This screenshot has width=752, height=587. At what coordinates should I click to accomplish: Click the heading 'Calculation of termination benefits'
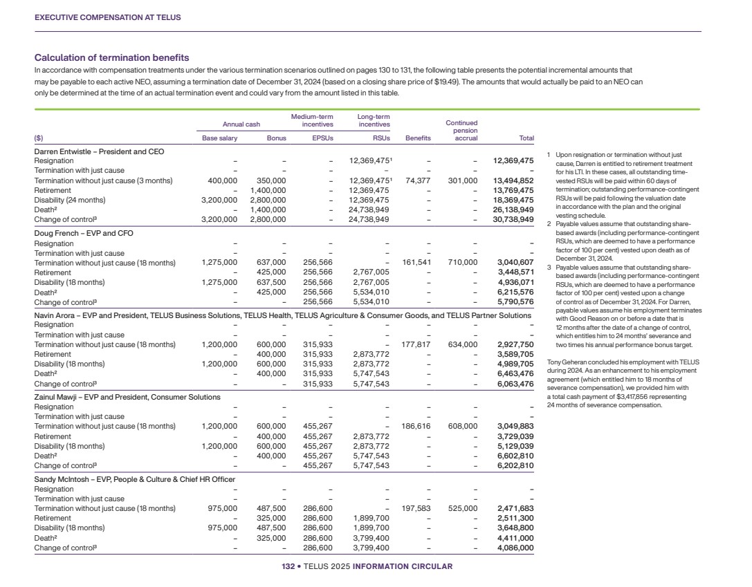click(x=111, y=58)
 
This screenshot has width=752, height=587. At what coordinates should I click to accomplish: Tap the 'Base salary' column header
click(x=219, y=138)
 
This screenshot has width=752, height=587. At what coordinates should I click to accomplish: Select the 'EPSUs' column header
click(x=323, y=138)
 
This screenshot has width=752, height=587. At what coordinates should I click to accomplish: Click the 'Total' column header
click(x=526, y=138)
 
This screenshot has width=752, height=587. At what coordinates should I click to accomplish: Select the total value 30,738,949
click(x=513, y=219)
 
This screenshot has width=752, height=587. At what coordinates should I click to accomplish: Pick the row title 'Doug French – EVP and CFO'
click(x=84, y=234)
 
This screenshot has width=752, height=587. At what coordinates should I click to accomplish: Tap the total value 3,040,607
click(x=515, y=263)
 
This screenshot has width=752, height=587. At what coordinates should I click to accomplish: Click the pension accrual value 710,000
click(x=463, y=263)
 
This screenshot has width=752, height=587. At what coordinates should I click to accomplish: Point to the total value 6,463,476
click(x=515, y=374)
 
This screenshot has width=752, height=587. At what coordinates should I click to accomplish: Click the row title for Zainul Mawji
click(x=127, y=398)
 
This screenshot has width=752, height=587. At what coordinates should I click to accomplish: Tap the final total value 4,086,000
click(x=515, y=548)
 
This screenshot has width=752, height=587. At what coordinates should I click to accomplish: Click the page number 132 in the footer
click(x=288, y=567)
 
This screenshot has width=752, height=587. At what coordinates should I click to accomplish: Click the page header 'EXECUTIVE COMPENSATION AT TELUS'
click(x=107, y=17)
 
